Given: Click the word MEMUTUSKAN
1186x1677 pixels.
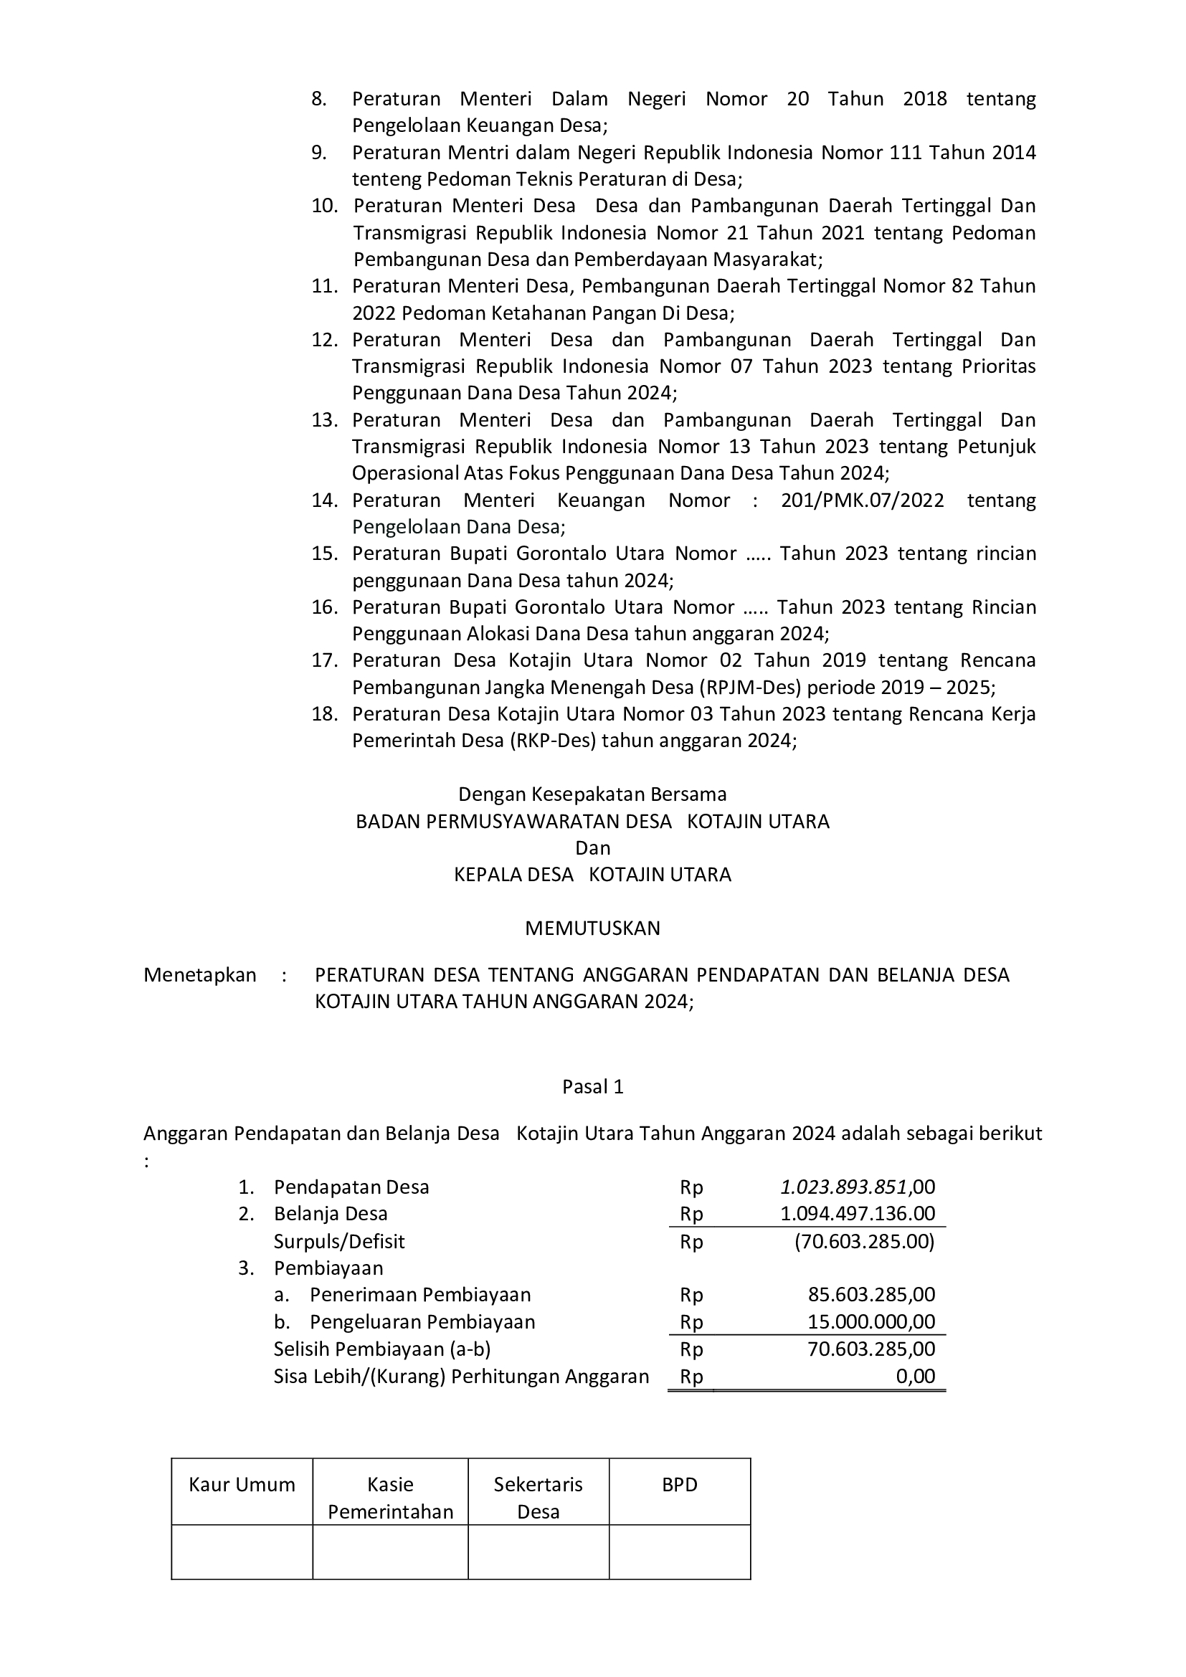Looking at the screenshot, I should tap(592, 928).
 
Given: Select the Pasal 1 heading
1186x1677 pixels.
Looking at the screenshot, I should tap(592, 1087).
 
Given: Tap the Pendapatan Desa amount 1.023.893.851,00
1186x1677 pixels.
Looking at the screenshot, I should tap(858, 1187).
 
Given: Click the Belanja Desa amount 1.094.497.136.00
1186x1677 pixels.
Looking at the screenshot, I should tap(858, 1214).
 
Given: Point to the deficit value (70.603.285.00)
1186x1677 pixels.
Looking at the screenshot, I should tap(865, 1242).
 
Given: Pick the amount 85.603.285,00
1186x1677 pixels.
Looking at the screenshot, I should tap(871, 1295).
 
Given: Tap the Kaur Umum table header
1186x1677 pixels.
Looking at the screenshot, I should tap(242, 1485).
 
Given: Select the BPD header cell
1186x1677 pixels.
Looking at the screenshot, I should tap(679, 1485).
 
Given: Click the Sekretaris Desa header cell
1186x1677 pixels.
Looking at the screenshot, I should tap(539, 1498).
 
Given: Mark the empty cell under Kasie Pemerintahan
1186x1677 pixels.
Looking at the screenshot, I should tap(390, 1552).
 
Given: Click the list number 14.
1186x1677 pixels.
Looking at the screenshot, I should tap(324, 500).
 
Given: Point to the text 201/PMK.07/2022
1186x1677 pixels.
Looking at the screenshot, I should tap(863, 500).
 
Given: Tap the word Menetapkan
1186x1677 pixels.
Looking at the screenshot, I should tap(199, 975).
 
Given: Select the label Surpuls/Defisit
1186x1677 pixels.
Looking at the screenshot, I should tap(339, 1242).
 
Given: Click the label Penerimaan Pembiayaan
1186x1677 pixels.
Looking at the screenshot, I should tap(420, 1295).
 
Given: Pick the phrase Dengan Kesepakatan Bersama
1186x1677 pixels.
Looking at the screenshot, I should tap(592, 794).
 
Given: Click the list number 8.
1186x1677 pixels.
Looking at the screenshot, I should tap(318, 99).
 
